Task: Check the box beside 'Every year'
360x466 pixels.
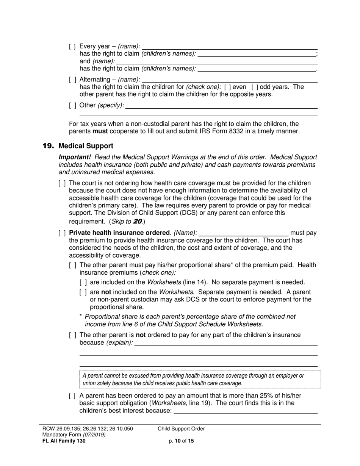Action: (x=72, y=46)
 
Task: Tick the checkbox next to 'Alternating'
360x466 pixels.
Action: (x=72, y=80)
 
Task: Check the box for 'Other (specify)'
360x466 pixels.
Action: (x=72, y=105)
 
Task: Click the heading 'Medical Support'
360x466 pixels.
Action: (x=86, y=146)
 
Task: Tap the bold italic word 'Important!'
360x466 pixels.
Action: (x=75, y=157)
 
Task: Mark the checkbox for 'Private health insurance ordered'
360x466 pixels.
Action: (x=62, y=233)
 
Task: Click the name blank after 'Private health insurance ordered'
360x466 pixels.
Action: (x=243, y=233)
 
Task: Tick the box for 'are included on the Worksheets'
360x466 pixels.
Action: (x=83, y=282)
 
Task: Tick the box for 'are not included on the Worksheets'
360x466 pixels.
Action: (x=83, y=292)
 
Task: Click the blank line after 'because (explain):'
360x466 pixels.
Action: (x=226, y=343)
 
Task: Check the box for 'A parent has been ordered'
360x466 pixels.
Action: (x=72, y=396)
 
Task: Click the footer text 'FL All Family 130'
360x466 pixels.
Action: (x=64, y=441)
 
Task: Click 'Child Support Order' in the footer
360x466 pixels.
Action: (x=181, y=429)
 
